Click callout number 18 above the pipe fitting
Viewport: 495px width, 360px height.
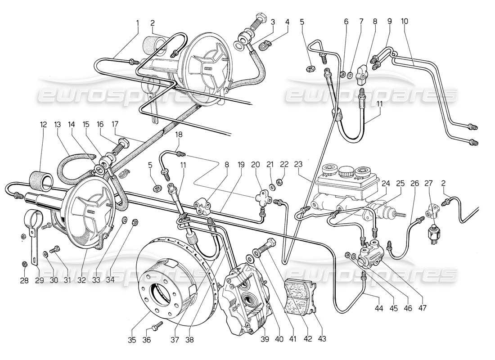point(179,135)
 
